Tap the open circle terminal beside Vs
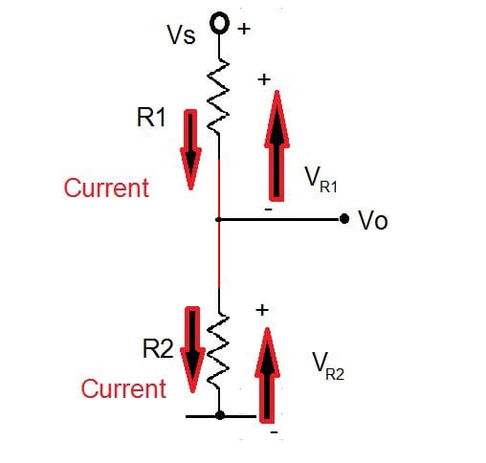tap(220, 23)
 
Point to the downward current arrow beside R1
tap(192, 148)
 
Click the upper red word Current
tap(106, 187)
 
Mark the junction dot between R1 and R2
tap(220, 220)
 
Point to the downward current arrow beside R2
tap(192, 351)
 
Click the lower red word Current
tap(123, 389)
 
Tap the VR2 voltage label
tap(326, 366)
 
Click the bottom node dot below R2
tap(220, 416)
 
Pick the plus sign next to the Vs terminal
tap(244, 29)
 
